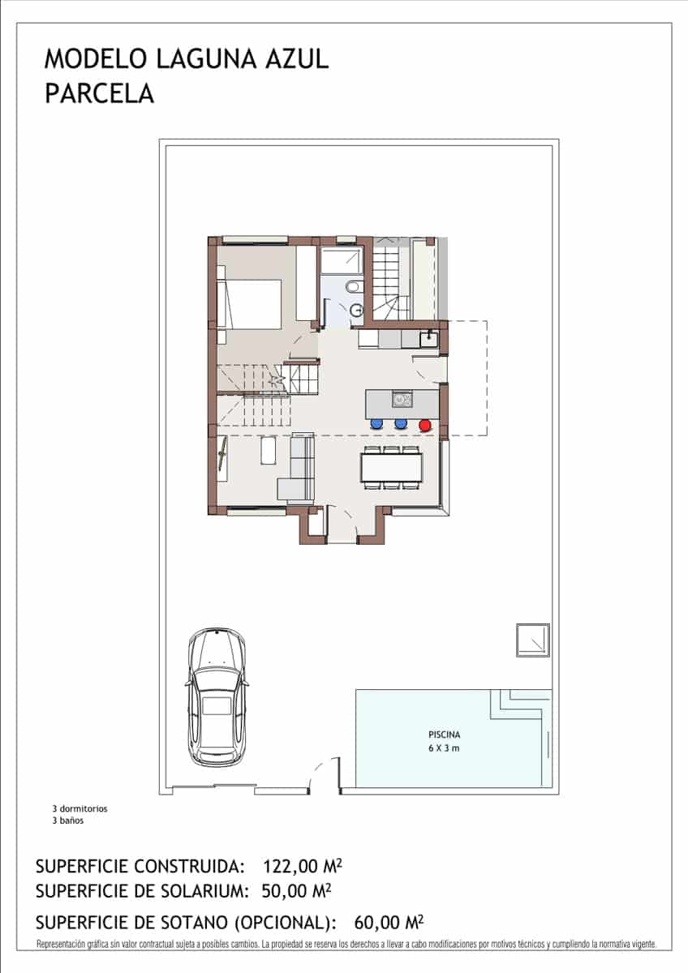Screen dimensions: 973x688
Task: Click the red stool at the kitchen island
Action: [424, 423]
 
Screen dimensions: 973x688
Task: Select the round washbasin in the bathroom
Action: [357, 308]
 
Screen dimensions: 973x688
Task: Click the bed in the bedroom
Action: [252, 304]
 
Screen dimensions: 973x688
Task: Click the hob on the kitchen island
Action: [402, 399]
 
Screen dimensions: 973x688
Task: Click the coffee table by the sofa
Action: [269, 451]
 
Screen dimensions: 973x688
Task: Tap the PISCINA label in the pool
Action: [444, 735]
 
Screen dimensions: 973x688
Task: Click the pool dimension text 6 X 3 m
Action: [444, 748]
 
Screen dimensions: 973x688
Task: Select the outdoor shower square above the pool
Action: [533, 640]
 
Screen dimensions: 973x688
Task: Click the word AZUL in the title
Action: [294, 59]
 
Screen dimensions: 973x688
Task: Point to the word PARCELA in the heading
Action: [99, 94]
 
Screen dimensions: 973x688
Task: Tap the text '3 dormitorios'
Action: [80, 808]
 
